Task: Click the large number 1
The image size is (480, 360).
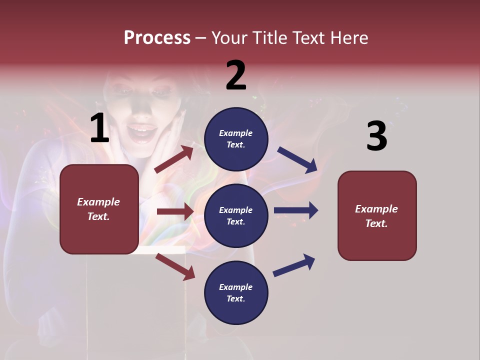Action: pyautogui.click(x=99, y=128)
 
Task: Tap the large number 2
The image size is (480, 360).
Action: pyautogui.click(x=236, y=75)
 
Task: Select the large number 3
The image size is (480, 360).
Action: pyautogui.click(x=376, y=136)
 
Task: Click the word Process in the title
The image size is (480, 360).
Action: pyautogui.click(x=157, y=37)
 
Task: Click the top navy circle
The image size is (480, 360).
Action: pyautogui.click(x=236, y=139)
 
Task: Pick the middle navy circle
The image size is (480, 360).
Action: pyautogui.click(x=236, y=215)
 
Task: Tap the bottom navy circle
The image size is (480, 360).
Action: pyautogui.click(x=236, y=292)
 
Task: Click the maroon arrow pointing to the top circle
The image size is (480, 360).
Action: pyautogui.click(x=174, y=159)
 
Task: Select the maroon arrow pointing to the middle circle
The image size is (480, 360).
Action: pyautogui.click(x=175, y=211)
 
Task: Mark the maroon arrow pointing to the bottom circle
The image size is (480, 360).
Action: pyautogui.click(x=175, y=266)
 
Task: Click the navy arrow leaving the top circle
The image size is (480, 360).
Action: pyautogui.click(x=297, y=160)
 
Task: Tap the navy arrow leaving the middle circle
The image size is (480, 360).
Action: pyautogui.click(x=296, y=210)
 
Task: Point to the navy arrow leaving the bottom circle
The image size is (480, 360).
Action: pyautogui.click(x=294, y=265)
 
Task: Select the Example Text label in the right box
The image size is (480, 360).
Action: pyautogui.click(x=376, y=216)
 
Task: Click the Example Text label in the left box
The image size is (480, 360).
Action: pyautogui.click(x=98, y=209)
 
